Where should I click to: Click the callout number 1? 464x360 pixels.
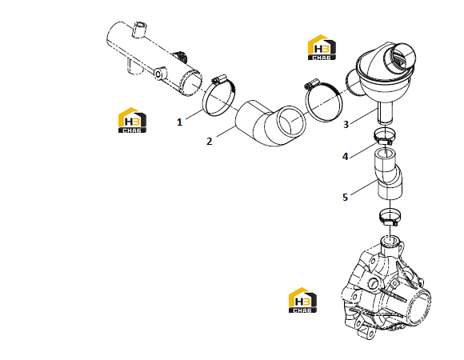(179, 122)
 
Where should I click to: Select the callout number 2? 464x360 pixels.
(210, 142)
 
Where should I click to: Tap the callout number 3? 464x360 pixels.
(346, 125)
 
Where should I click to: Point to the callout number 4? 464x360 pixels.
(345, 157)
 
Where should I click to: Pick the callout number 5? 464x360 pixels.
(345, 198)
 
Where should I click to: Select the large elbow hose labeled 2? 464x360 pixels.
(270, 124)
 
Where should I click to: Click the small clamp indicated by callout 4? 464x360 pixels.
(383, 136)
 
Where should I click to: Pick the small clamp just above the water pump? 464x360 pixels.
(390, 217)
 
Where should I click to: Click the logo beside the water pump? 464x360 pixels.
(302, 300)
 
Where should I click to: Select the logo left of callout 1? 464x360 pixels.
(132, 120)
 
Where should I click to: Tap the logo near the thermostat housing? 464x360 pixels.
(322, 47)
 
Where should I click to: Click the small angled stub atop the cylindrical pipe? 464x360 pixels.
(138, 30)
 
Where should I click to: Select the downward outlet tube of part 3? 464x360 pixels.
(385, 113)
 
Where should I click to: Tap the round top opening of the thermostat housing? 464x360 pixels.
(399, 58)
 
